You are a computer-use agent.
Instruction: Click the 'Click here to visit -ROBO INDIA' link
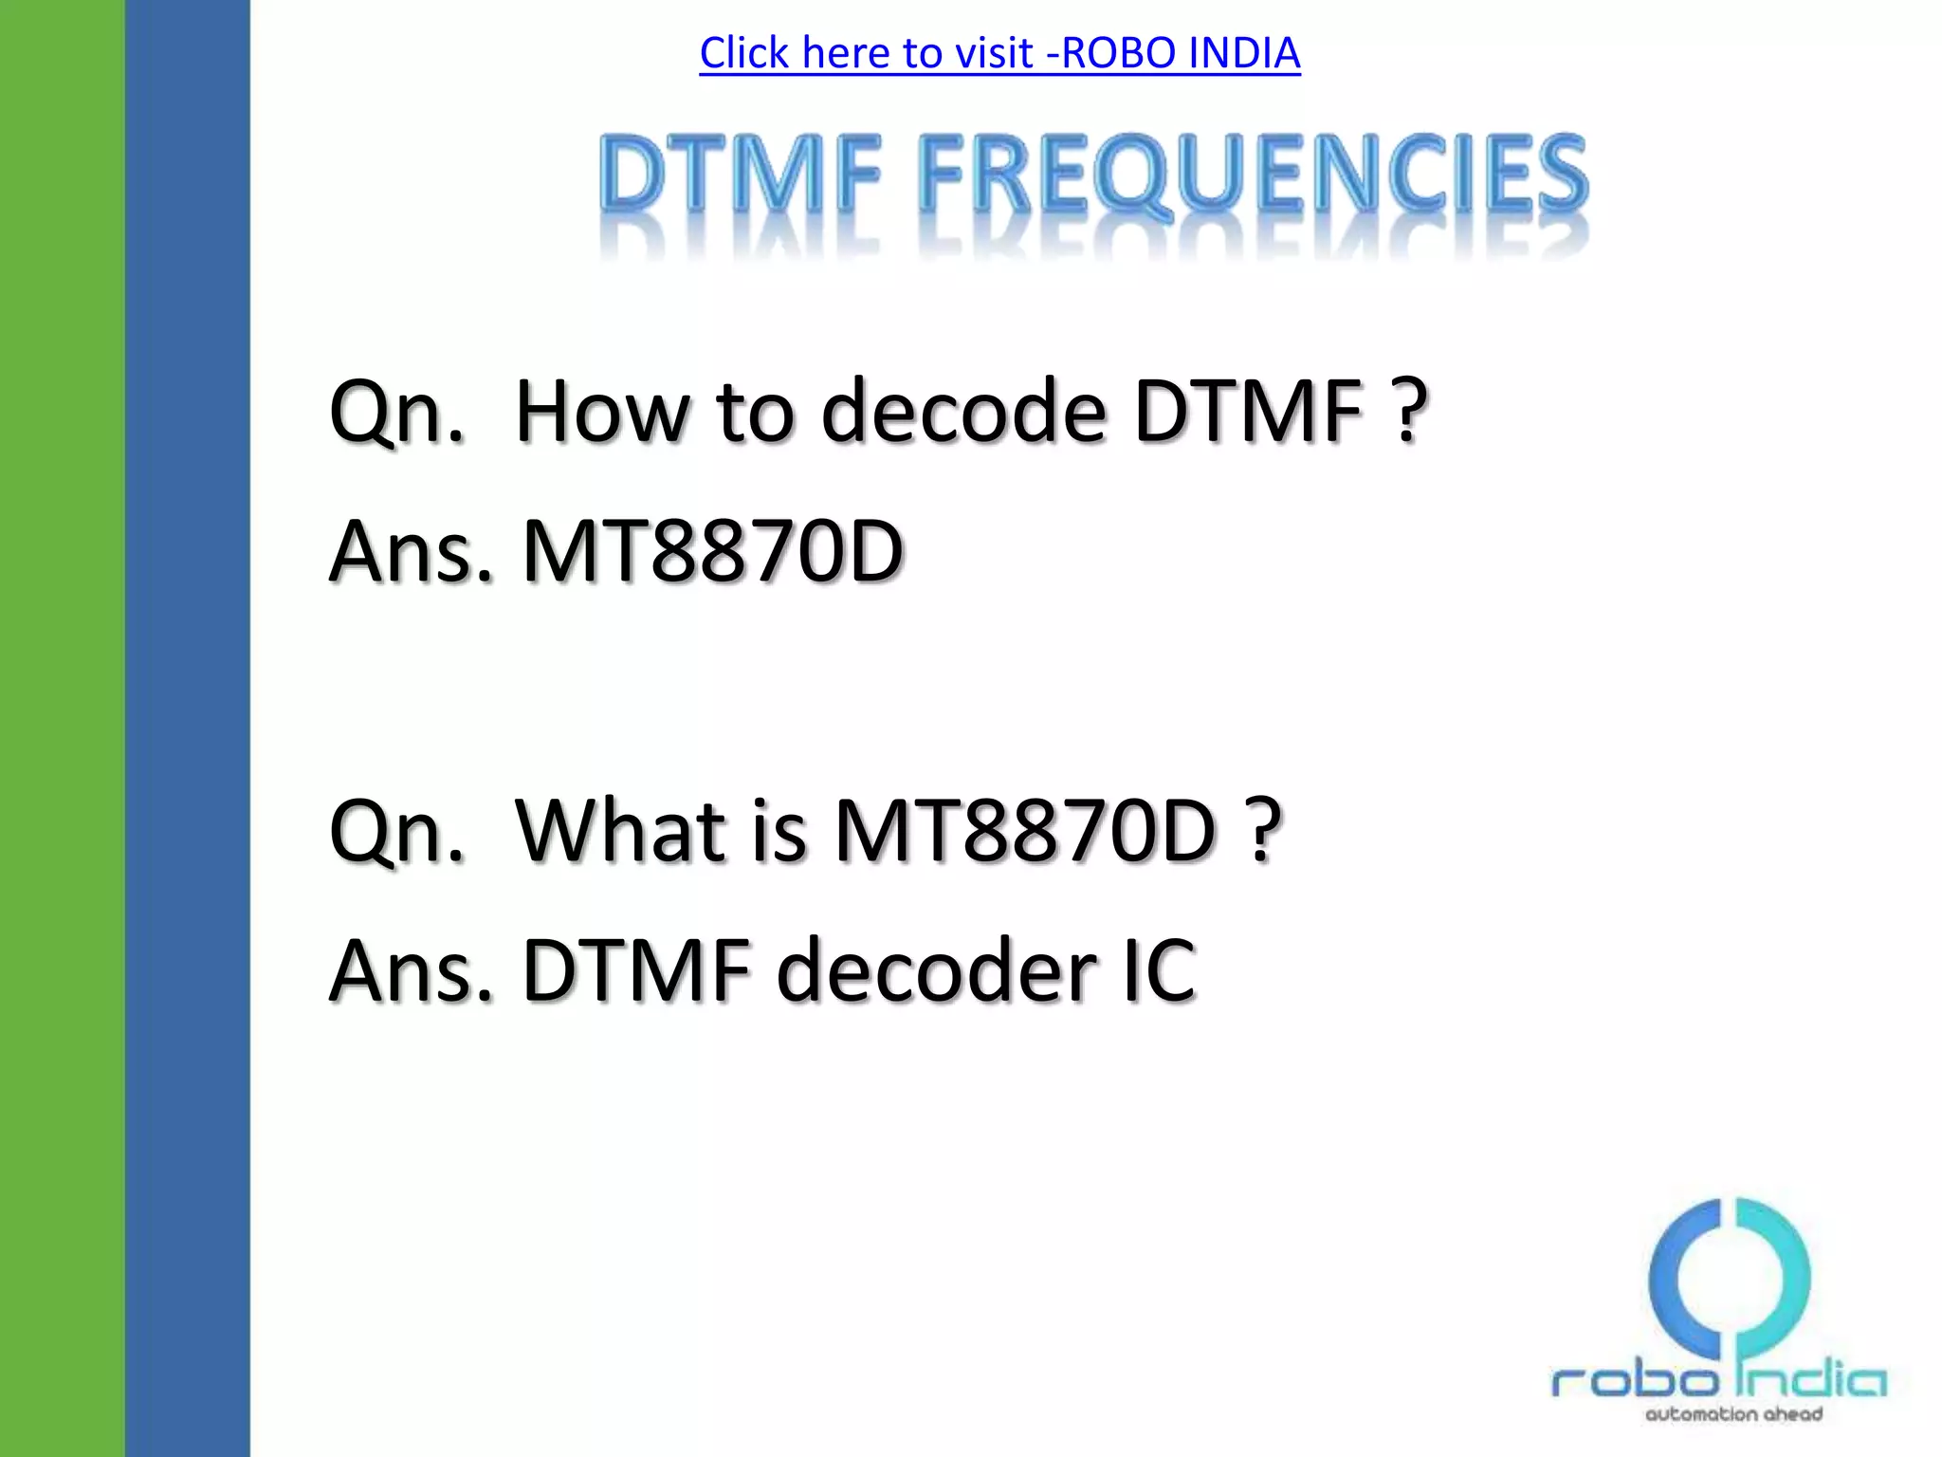(999, 53)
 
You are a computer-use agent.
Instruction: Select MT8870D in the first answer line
(712, 551)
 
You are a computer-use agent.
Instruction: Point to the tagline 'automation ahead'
(1733, 1414)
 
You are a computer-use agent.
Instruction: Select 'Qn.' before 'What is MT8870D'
(396, 832)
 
